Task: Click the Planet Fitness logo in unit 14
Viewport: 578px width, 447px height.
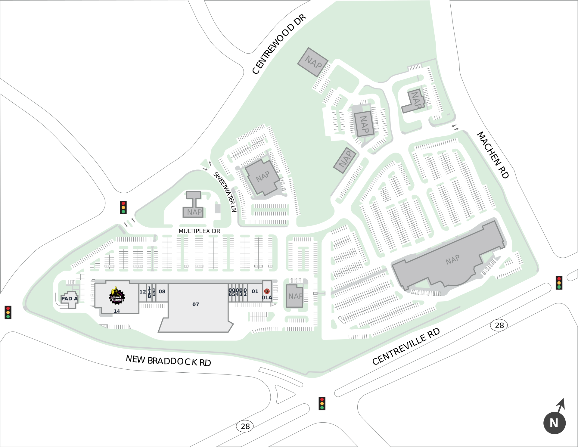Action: coord(117,296)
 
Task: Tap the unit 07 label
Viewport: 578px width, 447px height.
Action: coord(196,304)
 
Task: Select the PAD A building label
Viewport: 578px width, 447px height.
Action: coord(70,299)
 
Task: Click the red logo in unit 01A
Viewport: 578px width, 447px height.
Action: coord(267,291)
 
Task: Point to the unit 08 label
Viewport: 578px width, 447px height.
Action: coord(162,291)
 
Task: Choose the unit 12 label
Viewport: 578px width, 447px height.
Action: coord(142,292)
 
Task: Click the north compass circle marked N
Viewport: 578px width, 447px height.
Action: coord(554,423)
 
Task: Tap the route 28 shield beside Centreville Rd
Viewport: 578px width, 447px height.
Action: coord(499,325)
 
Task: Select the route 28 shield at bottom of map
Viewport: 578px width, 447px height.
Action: coord(245,426)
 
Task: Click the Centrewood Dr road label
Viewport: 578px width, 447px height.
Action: coord(279,44)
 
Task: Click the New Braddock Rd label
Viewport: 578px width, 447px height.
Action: coord(168,361)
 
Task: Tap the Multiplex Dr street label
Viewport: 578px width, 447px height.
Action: coord(199,231)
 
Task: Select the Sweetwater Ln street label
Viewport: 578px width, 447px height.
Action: coord(225,192)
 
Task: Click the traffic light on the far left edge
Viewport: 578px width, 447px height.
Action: coord(8,312)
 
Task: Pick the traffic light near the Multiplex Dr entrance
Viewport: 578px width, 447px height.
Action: coord(123,207)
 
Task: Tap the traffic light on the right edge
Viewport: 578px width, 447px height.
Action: coord(559,283)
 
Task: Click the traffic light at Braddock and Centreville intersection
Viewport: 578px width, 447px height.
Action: coord(322,403)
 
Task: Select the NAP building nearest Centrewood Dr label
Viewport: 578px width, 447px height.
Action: coord(313,62)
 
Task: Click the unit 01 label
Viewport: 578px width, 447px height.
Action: coord(255,291)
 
